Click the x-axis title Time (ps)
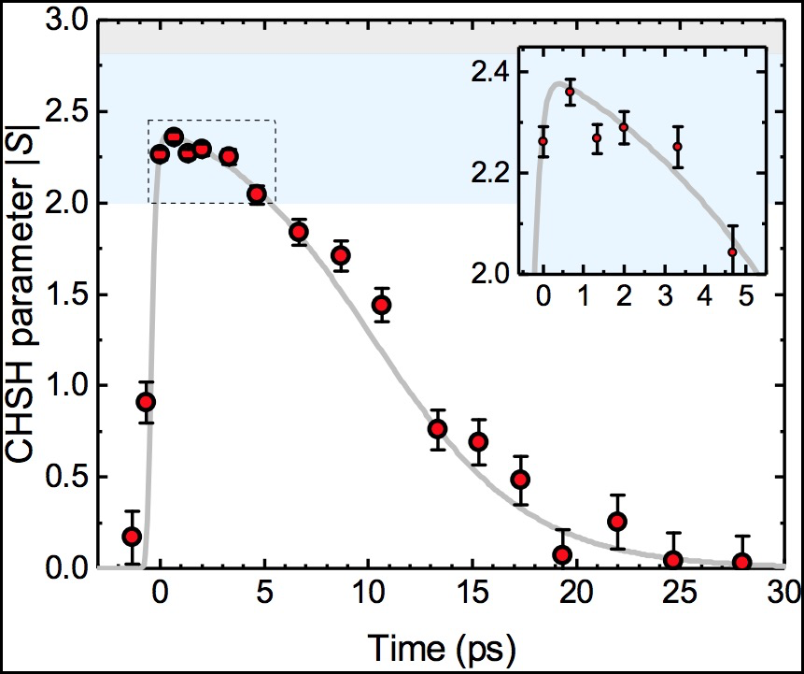[442, 646]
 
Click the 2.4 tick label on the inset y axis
[492, 74]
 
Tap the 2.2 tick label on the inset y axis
[492, 174]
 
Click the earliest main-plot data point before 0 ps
[133, 537]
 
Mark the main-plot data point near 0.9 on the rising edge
[146, 402]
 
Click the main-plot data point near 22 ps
[617, 521]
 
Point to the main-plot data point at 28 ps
[742, 562]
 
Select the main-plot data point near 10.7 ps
[381, 305]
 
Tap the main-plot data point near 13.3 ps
[437, 429]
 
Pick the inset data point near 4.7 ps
[733, 251]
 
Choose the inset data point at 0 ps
[543, 141]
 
